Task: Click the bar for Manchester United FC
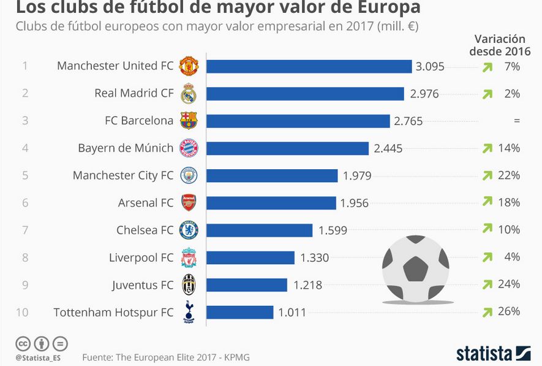click(x=309, y=66)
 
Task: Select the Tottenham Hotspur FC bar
click(x=240, y=313)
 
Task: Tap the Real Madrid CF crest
click(x=189, y=93)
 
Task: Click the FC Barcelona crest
click(x=189, y=120)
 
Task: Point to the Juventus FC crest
click(x=189, y=284)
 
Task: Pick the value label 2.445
click(x=388, y=149)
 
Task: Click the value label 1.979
click(x=357, y=176)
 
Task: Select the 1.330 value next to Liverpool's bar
click(x=315, y=257)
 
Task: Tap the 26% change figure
click(x=509, y=311)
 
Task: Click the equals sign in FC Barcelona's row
click(x=517, y=121)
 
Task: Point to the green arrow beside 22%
click(x=487, y=175)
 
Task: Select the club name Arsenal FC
click(x=146, y=203)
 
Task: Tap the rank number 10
click(x=22, y=313)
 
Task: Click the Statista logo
click(x=494, y=354)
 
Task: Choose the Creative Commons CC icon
click(x=23, y=344)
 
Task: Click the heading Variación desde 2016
click(x=500, y=45)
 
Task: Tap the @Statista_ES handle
click(x=38, y=357)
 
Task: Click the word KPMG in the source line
click(x=237, y=357)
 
